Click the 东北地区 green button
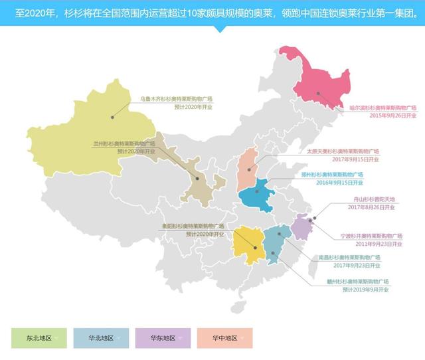click(x=39, y=338)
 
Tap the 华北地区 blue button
click(x=101, y=338)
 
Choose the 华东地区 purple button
click(x=163, y=338)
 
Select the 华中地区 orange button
click(x=225, y=338)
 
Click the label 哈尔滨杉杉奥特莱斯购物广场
click(x=383, y=107)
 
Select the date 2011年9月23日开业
click(x=380, y=244)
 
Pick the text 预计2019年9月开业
click(x=366, y=290)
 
